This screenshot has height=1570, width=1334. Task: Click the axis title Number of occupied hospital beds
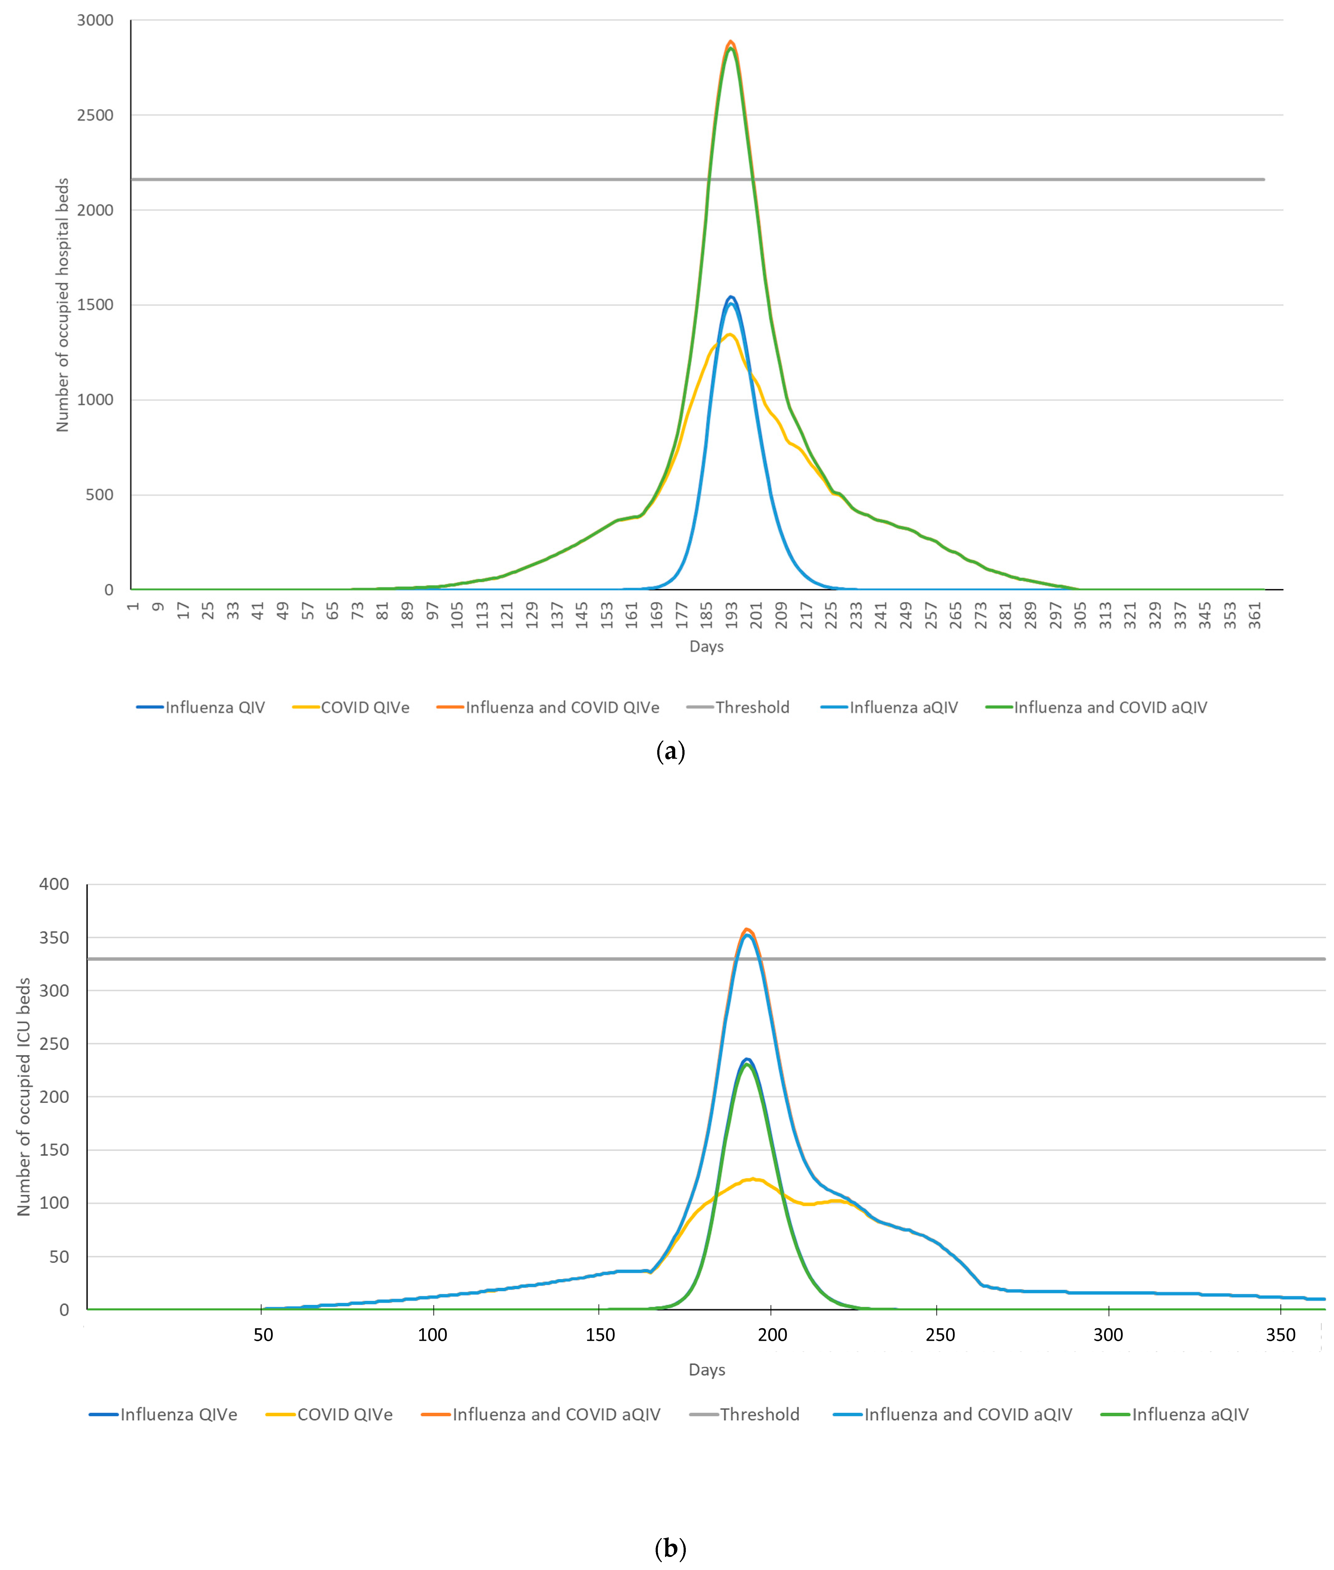pos(63,305)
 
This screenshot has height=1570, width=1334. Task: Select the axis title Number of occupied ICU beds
pos(24,1097)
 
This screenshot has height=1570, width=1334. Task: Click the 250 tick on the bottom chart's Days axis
pos(940,1335)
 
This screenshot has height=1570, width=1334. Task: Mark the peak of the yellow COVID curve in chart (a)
pos(730,334)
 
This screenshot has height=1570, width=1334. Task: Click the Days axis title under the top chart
pos(706,647)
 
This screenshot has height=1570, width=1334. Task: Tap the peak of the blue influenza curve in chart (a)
pos(731,297)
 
